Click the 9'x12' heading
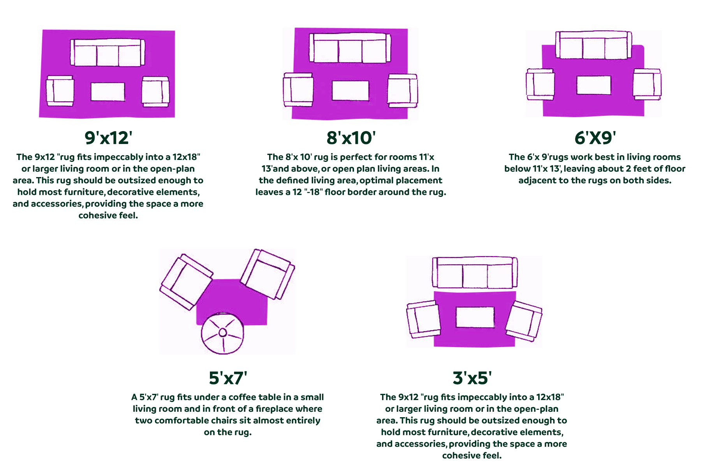[108, 138]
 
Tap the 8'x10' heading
[351, 138]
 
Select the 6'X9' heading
[595, 138]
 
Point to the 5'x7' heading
[228, 378]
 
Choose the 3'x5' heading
[472, 378]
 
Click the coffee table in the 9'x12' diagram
[108, 92]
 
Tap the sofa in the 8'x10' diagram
[350, 48]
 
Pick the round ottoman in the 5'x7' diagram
[223, 333]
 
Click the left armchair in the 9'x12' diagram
[60, 91]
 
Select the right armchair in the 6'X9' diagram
[647, 84]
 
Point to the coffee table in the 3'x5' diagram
[475, 317]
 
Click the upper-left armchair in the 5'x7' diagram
[186, 282]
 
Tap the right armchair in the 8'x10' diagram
[403, 91]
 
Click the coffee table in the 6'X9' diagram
[594, 85]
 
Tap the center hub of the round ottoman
[223, 332]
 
